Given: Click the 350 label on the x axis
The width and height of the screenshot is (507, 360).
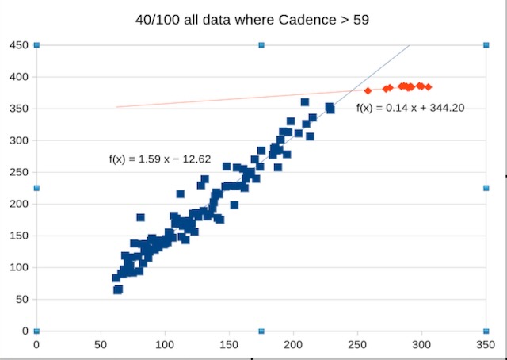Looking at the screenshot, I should pos(486,345).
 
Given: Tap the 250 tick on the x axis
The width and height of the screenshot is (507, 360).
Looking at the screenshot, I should pos(357,345).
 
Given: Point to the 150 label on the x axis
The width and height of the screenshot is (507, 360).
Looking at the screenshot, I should pos(229,345).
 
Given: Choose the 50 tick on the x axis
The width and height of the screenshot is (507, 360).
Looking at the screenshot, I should pos(101,345).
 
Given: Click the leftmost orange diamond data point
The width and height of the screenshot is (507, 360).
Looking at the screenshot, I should pos(368,90).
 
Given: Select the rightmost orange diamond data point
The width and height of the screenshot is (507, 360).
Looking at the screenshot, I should pos(429,86).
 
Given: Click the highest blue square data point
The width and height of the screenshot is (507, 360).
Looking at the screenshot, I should pos(305,102).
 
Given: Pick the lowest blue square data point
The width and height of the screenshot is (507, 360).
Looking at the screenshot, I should pos(117,290).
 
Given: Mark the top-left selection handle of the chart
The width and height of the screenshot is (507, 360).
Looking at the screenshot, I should pos(36,45).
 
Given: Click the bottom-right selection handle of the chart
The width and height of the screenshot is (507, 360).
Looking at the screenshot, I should pos(486,331).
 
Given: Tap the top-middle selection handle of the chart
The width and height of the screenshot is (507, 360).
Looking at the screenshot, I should pos(261,45).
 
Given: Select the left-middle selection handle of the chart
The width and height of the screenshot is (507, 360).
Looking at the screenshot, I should pos(36,188).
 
